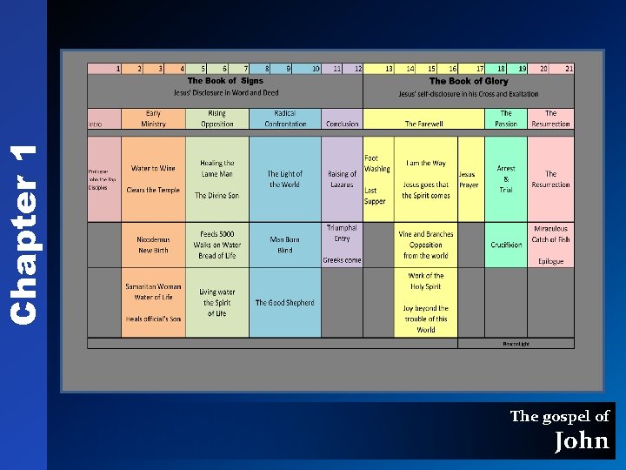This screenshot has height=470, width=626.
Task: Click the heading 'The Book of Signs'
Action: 225,81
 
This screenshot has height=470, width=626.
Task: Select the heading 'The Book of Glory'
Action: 469,81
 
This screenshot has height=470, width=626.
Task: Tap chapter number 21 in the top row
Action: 569,68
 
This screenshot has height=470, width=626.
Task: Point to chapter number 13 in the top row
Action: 389,68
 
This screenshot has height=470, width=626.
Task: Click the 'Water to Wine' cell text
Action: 153,168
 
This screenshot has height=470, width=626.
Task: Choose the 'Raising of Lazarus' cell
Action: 343,179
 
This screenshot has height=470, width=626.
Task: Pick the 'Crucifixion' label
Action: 506,245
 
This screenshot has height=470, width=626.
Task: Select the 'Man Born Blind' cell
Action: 285,245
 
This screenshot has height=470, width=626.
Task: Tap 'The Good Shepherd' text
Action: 285,303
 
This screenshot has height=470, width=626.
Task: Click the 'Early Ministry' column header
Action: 153,118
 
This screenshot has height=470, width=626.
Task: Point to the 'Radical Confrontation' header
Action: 285,118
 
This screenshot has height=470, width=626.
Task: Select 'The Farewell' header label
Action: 423,124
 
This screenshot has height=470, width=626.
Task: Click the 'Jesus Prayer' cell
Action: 468,179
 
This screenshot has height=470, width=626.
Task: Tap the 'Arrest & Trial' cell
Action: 506,178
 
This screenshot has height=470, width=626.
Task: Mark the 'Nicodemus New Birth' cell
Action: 153,245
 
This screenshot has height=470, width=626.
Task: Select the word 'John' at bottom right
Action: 582,440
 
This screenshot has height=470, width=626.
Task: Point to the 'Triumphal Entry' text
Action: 342,233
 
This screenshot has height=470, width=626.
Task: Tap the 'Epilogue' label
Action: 550,261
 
